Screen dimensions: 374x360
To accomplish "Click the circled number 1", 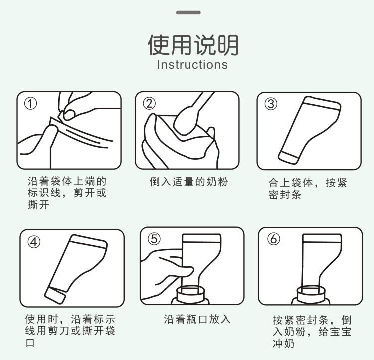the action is (x=30, y=104).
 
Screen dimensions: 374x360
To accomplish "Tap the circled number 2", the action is (x=149, y=104).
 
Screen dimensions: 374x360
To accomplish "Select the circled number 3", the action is (x=271, y=104).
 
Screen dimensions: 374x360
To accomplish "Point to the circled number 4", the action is (x=34, y=242).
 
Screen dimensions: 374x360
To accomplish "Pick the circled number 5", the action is (x=154, y=239).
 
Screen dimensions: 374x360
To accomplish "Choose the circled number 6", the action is (x=274, y=239).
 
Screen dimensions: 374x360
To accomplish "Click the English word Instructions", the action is (x=192, y=65).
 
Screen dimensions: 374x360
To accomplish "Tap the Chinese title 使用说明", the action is (x=193, y=45).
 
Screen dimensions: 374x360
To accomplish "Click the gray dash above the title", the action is (x=188, y=12).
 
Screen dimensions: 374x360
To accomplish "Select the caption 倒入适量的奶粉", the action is (x=189, y=182).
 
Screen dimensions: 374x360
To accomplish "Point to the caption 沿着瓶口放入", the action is (x=197, y=319).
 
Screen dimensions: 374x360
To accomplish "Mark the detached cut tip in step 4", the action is (x=55, y=296).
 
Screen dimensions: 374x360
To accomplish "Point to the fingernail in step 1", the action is (x=69, y=114).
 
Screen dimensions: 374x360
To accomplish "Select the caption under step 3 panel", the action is (x=308, y=188).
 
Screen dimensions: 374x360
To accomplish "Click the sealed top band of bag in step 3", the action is (x=322, y=103).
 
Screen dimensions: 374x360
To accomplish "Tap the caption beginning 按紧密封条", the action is (x=312, y=332).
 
